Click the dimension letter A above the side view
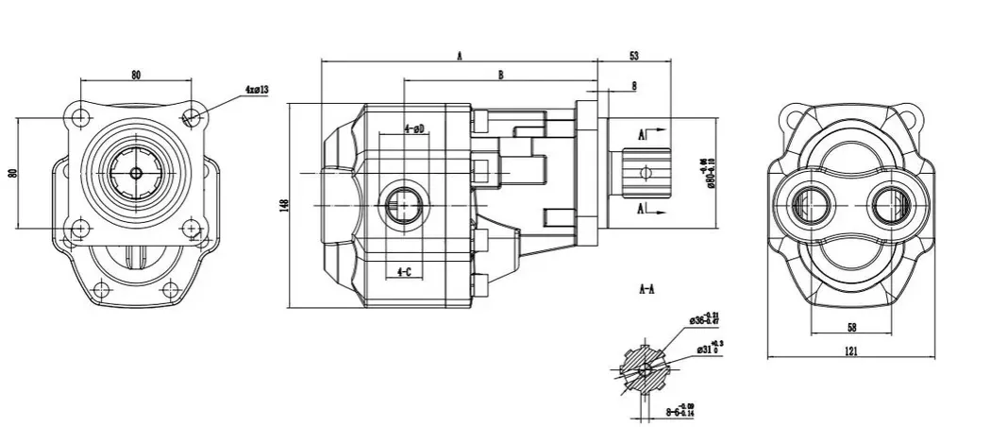coord(460,57)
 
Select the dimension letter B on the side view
coord(500,74)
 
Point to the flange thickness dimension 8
coord(633,86)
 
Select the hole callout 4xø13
coord(257,91)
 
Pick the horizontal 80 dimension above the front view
coord(136,76)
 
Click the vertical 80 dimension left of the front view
coord(12,173)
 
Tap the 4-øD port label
coord(413,128)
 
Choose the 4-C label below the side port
coord(404,272)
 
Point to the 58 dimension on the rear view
coord(851,326)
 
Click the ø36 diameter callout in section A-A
coord(705,319)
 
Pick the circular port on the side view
coord(404,201)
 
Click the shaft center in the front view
coord(136,172)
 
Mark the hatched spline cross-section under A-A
coord(644,367)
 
